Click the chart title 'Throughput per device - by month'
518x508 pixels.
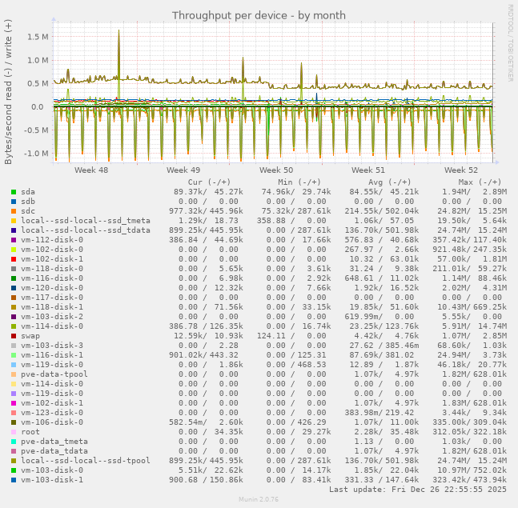coord(258,15)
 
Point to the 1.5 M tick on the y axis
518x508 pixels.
coord(38,37)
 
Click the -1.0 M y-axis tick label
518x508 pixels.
coord(36,154)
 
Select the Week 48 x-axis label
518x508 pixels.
coord(91,170)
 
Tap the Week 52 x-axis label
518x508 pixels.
coord(461,170)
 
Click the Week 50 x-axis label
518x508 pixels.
coord(276,170)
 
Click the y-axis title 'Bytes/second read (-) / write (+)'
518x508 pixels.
coord(9,92)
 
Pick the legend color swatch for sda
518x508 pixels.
coord(14,192)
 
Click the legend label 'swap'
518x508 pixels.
coord(30,336)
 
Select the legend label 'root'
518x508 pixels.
coord(30,432)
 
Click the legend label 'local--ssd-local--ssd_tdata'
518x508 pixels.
coord(86,230)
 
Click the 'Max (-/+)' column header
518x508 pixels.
coord(480,182)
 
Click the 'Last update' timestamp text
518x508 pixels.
coord(418,489)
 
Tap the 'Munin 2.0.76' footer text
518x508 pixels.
coord(259,499)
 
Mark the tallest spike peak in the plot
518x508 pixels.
coord(118,31)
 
